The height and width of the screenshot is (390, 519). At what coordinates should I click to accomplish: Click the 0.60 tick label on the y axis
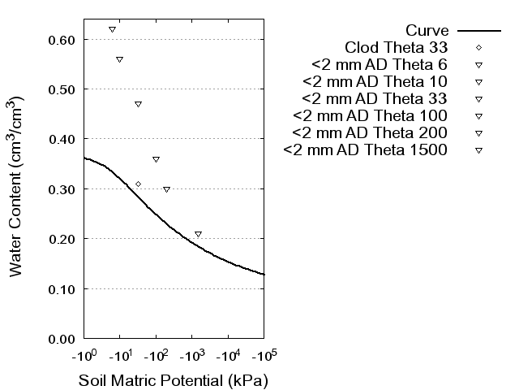tap(62, 39)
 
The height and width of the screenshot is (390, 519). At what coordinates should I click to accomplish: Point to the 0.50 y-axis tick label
tap(62, 89)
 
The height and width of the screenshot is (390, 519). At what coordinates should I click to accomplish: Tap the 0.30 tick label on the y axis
tap(62, 188)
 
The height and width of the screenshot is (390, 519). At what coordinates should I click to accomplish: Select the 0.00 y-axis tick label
tap(62, 338)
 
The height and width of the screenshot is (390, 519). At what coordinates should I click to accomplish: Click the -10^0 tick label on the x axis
tap(84, 356)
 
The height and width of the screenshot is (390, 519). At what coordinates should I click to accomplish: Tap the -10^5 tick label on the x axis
tap(264, 356)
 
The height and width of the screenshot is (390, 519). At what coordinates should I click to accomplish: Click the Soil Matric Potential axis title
tap(173, 380)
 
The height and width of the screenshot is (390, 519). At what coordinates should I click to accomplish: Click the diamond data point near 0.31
tap(139, 184)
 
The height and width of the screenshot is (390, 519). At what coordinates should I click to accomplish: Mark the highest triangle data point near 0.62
tap(112, 29)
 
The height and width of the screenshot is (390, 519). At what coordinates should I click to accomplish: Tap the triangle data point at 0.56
tap(119, 59)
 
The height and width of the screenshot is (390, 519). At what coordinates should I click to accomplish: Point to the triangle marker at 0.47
tap(138, 104)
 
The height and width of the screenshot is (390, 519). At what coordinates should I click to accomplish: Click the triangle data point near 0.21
tap(198, 234)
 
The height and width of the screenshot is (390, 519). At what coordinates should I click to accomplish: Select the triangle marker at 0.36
tap(156, 159)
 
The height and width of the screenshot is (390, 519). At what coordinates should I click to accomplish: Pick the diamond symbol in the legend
tap(478, 47)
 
